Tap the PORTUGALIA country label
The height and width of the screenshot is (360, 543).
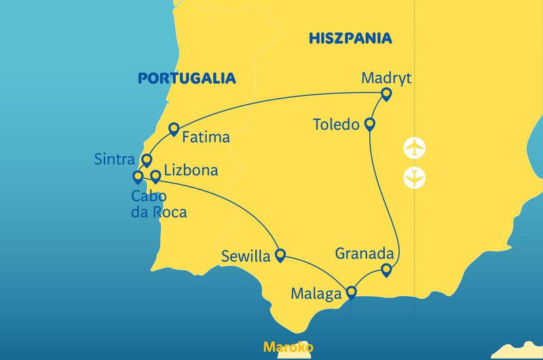[x=187, y=78]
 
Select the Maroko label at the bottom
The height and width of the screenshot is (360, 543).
[x=288, y=347]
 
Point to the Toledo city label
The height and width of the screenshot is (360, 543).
[x=337, y=125]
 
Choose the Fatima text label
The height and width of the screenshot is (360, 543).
[x=206, y=137]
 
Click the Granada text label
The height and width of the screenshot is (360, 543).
[x=364, y=254]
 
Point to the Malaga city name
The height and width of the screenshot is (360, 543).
[x=316, y=295]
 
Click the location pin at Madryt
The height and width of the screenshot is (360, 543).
[x=386, y=94]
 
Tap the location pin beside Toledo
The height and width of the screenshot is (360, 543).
[x=370, y=124]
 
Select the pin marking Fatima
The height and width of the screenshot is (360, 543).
[x=174, y=128]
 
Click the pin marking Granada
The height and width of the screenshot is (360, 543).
[x=386, y=270]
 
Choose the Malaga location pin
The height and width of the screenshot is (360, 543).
[x=351, y=293]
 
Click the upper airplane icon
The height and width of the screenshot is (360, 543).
[x=413, y=147]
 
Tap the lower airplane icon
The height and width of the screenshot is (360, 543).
[x=413, y=177]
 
